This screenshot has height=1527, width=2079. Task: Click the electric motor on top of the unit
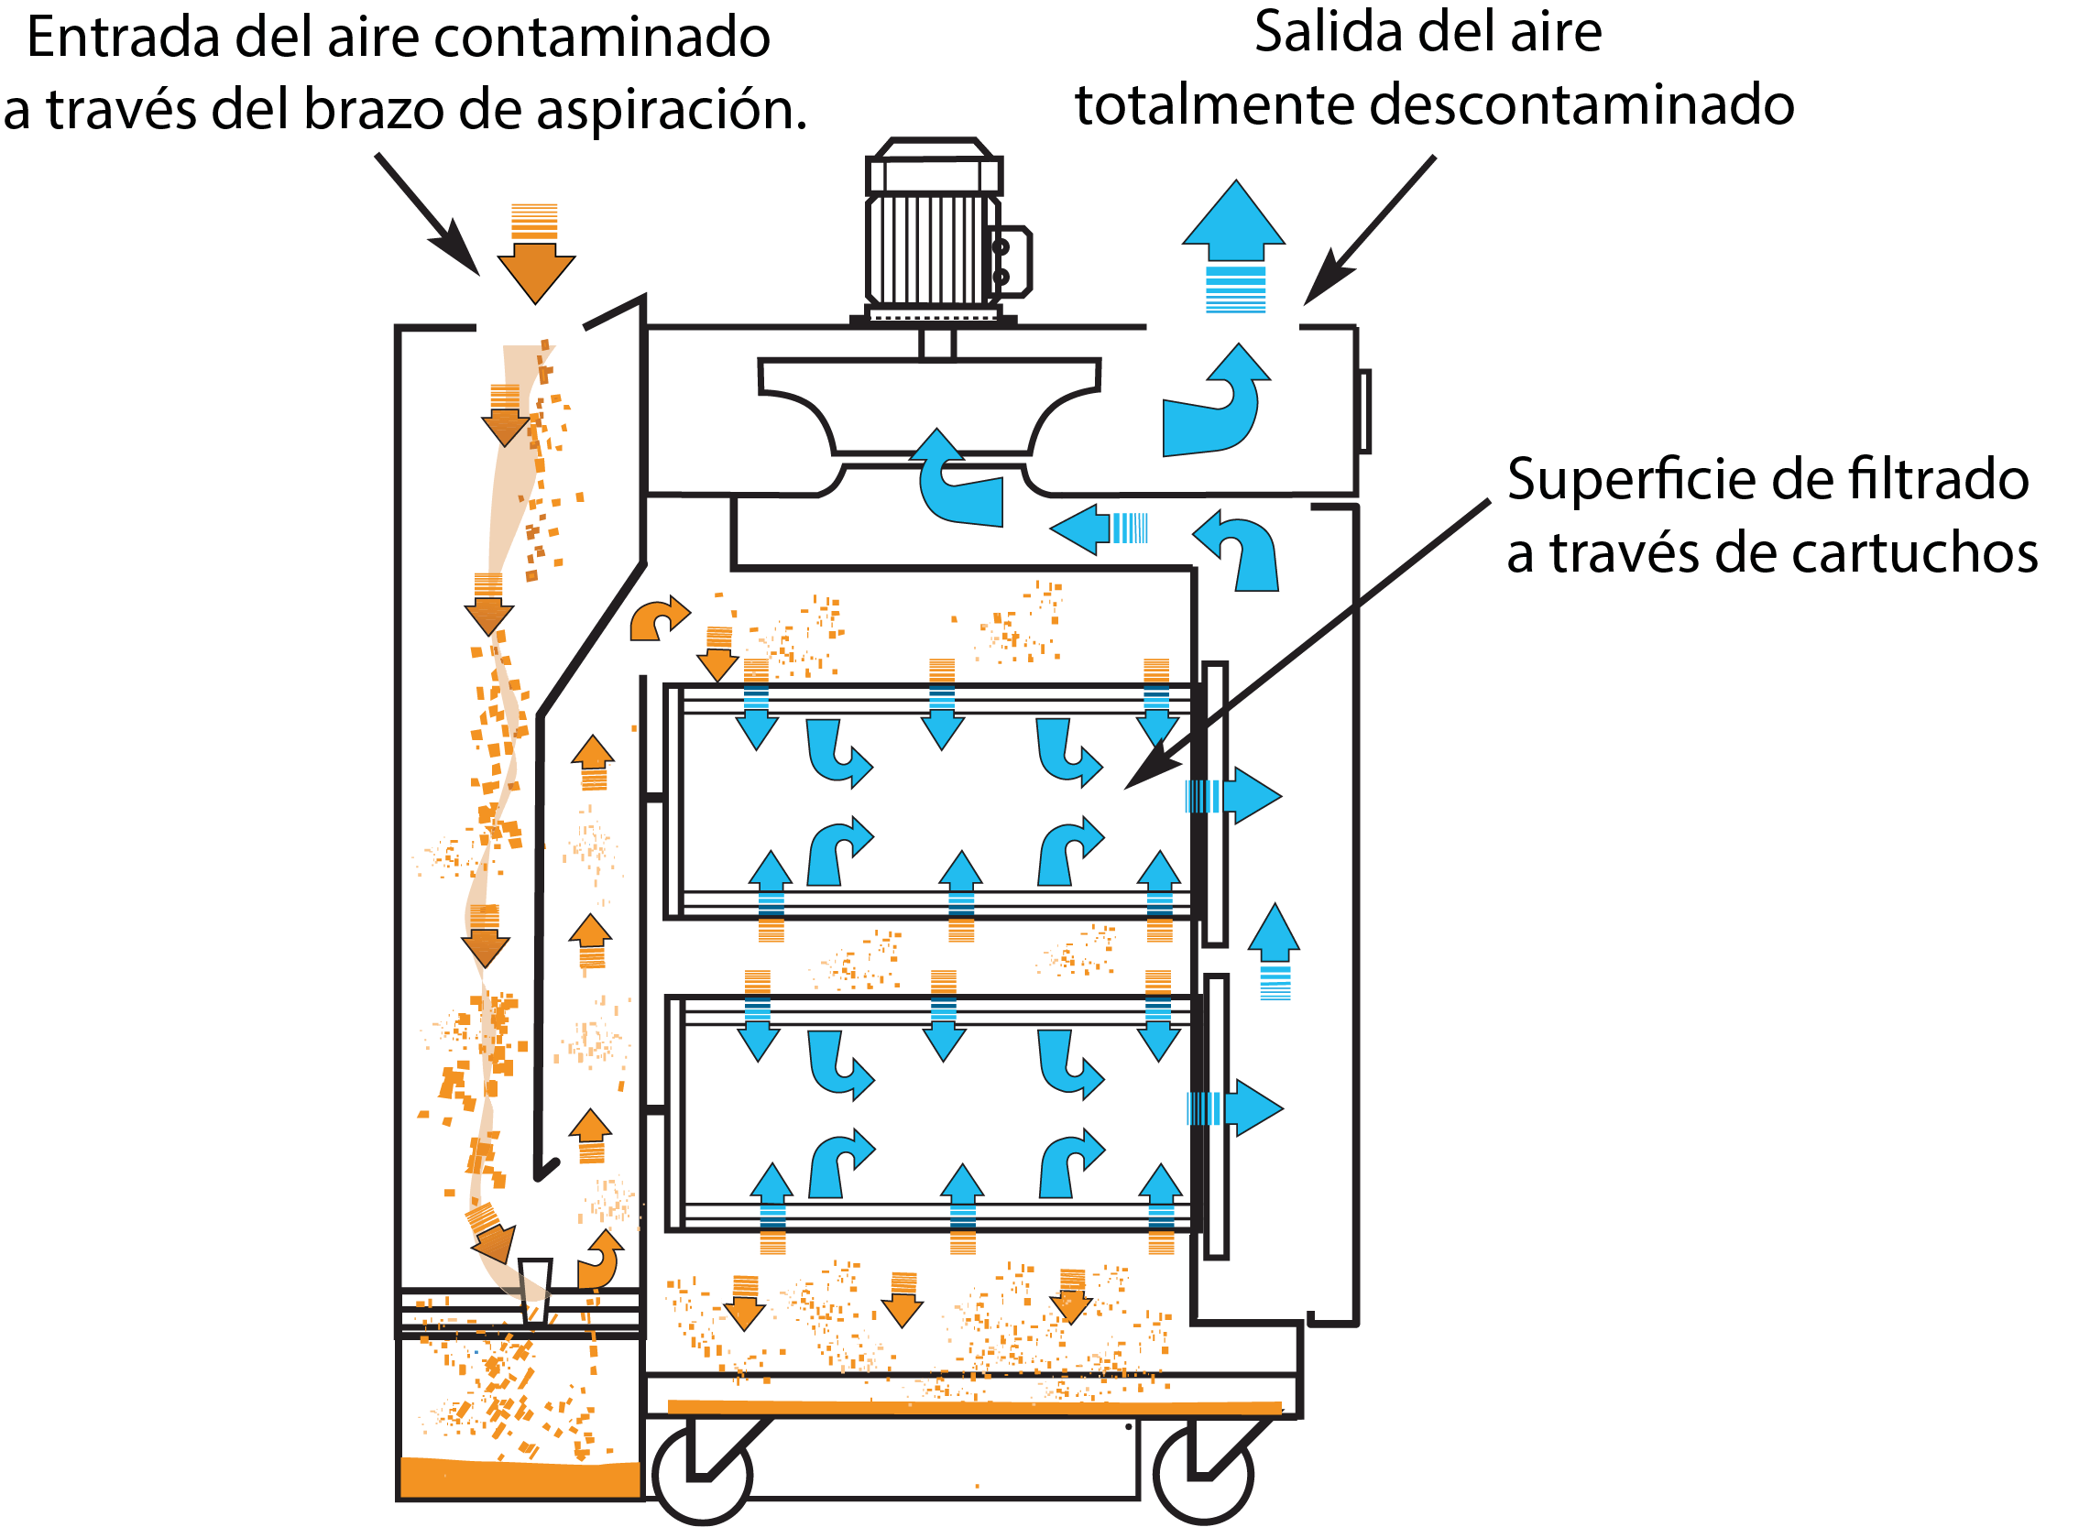click(x=934, y=231)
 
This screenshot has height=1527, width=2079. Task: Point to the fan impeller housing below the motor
click(x=929, y=407)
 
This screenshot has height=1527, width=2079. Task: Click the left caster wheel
click(x=702, y=1474)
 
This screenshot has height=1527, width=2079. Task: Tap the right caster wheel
click(x=1203, y=1474)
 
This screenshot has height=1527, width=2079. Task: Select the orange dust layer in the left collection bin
click(x=520, y=1478)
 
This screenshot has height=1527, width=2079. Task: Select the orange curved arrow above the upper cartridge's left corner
click(x=658, y=619)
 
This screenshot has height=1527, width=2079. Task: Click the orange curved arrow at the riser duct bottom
click(x=600, y=1261)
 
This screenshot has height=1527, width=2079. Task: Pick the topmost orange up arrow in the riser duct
click(x=593, y=762)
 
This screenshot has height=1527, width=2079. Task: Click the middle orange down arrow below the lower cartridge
click(x=903, y=1298)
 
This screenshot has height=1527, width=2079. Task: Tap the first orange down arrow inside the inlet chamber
click(x=505, y=416)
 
